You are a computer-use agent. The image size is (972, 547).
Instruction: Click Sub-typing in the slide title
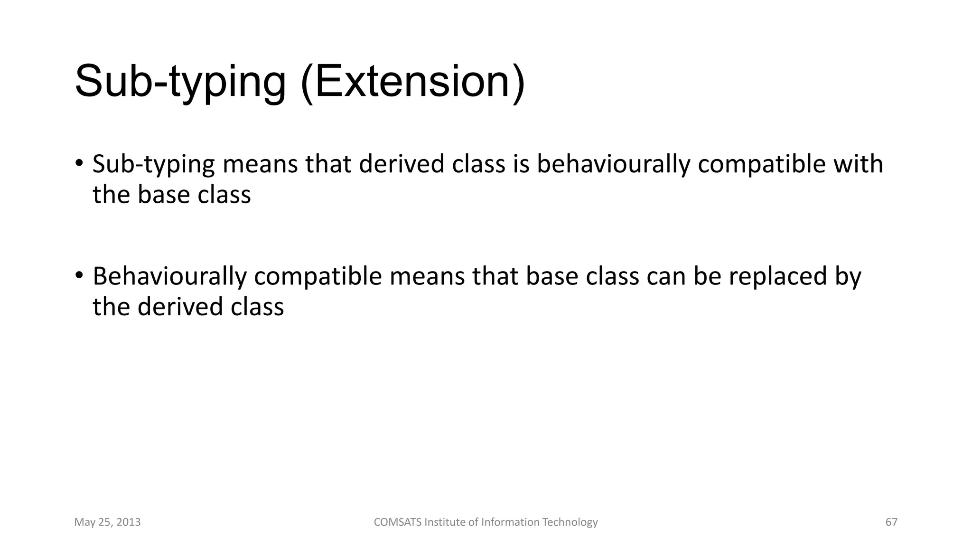180,82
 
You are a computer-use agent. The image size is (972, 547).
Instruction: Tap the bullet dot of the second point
79,275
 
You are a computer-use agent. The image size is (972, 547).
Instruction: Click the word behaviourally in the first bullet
613,164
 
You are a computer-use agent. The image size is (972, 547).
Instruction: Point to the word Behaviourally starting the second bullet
169,276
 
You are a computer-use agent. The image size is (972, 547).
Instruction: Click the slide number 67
891,522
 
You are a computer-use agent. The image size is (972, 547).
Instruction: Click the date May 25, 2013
107,522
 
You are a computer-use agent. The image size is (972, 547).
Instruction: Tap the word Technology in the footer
570,522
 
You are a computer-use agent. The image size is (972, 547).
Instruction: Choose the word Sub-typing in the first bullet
153,164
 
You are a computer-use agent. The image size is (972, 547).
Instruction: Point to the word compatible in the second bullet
318,276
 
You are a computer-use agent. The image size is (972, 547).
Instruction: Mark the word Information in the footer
510,522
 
